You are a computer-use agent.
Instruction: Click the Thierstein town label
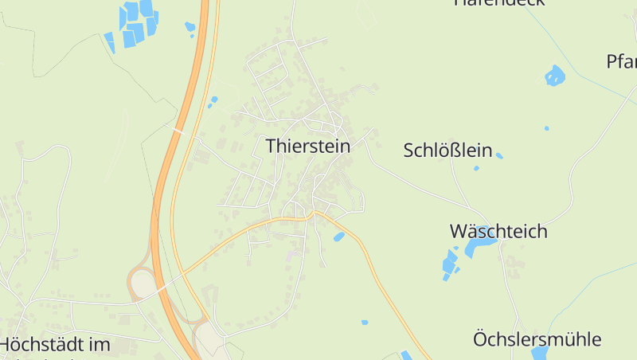pyautogui.click(x=308, y=146)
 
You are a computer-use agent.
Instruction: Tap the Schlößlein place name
pyautogui.click(x=447, y=150)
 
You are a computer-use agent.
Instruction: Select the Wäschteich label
pyautogui.click(x=498, y=232)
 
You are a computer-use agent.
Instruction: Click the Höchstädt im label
pyautogui.click(x=55, y=345)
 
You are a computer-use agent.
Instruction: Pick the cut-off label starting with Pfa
pyautogui.click(x=621, y=61)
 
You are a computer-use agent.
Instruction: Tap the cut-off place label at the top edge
pyautogui.click(x=499, y=2)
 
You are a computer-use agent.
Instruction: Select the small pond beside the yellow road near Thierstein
pyautogui.click(x=339, y=237)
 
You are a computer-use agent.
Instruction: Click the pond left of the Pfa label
pyautogui.click(x=554, y=76)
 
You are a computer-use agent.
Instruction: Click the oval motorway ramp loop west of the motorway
pyautogui.click(x=142, y=282)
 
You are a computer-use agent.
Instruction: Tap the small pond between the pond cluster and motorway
pyautogui.click(x=190, y=28)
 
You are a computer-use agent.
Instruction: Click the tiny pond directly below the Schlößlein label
pyautogui.click(x=476, y=168)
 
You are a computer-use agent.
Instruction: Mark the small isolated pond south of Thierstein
pyautogui.click(x=365, y=323)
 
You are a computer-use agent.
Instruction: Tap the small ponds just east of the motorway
pyautogui.click(x=213, y=101)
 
